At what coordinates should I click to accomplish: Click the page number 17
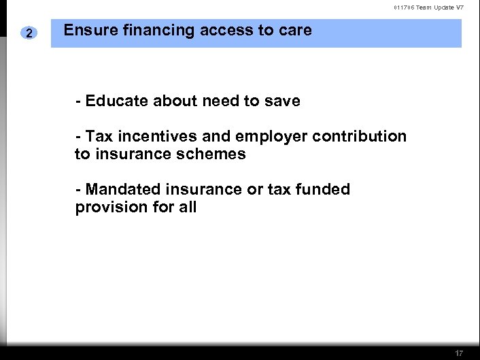click(460, 353)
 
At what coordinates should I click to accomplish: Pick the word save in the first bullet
click(281, 101)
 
